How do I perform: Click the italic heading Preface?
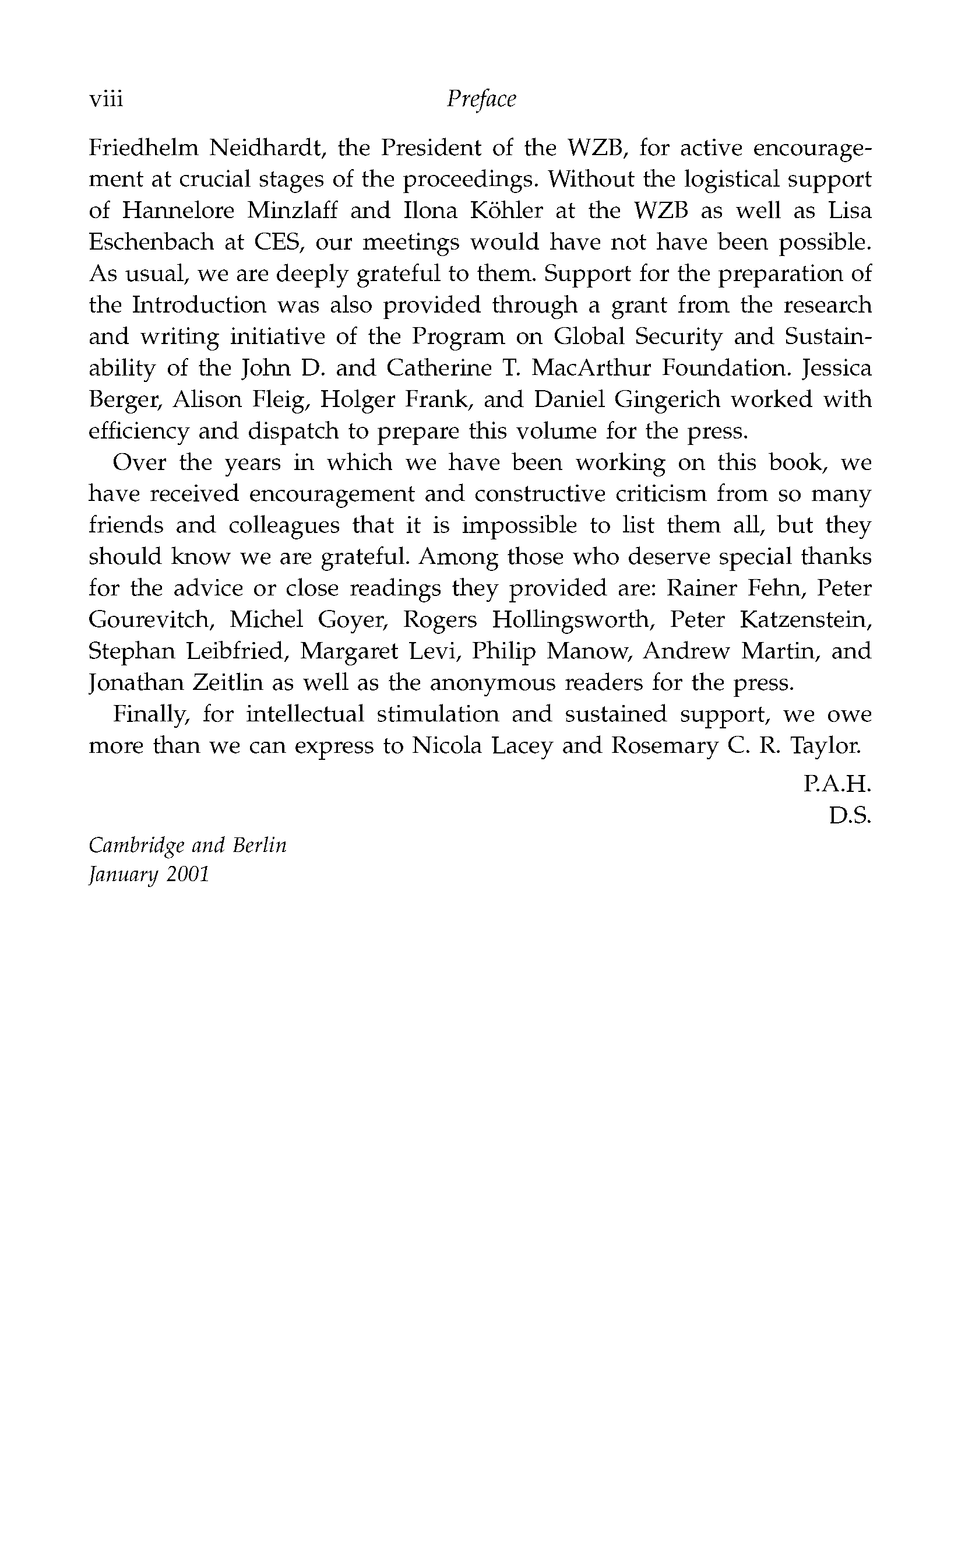pyautogui.click(x=481, y=100)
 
